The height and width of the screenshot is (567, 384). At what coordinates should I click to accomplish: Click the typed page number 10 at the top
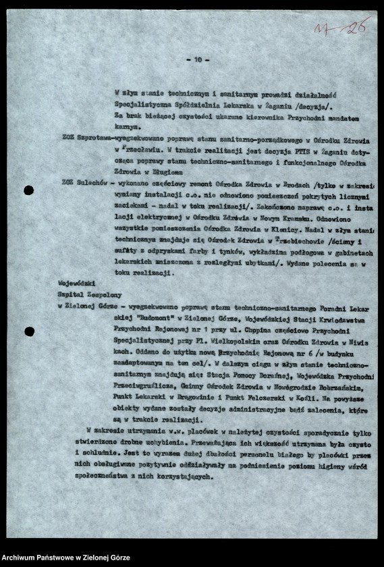tap(197, 59)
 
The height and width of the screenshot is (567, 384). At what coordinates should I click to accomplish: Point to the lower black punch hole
tap(29, 331)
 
